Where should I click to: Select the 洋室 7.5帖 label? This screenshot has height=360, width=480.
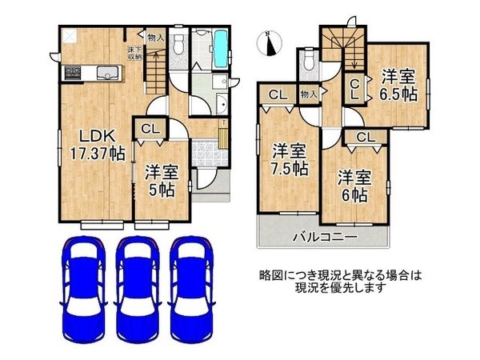click(290, 159)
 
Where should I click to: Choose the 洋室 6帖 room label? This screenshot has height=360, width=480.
click(352, 186)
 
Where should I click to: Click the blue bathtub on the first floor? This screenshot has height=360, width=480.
click(221, 46)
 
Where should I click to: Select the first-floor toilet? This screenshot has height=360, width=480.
click(179, 45)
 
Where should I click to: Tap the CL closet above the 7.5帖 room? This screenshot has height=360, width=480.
click(278, 95)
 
